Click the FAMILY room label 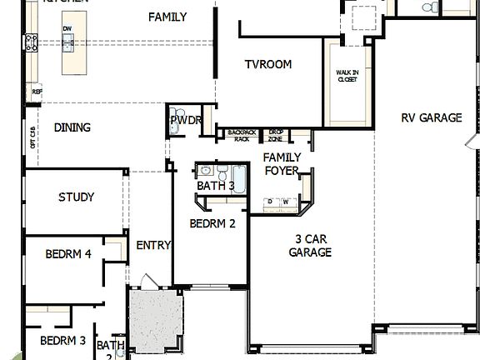(167, 17)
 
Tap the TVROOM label (267, 65)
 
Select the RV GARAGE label (430, 118)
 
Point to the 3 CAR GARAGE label (311, 247)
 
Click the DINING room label (72, 127)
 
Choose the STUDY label (76, 197)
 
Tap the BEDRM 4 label (68, 254)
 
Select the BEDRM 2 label (212, 223)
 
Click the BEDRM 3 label (63, 340)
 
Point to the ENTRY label (153, 245)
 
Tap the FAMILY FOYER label (282, 164)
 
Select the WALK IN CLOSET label (347, 77)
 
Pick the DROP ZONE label (275, 136)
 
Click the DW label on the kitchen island (67, 29)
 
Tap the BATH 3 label (215, 185)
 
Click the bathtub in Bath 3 (240, 178)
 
